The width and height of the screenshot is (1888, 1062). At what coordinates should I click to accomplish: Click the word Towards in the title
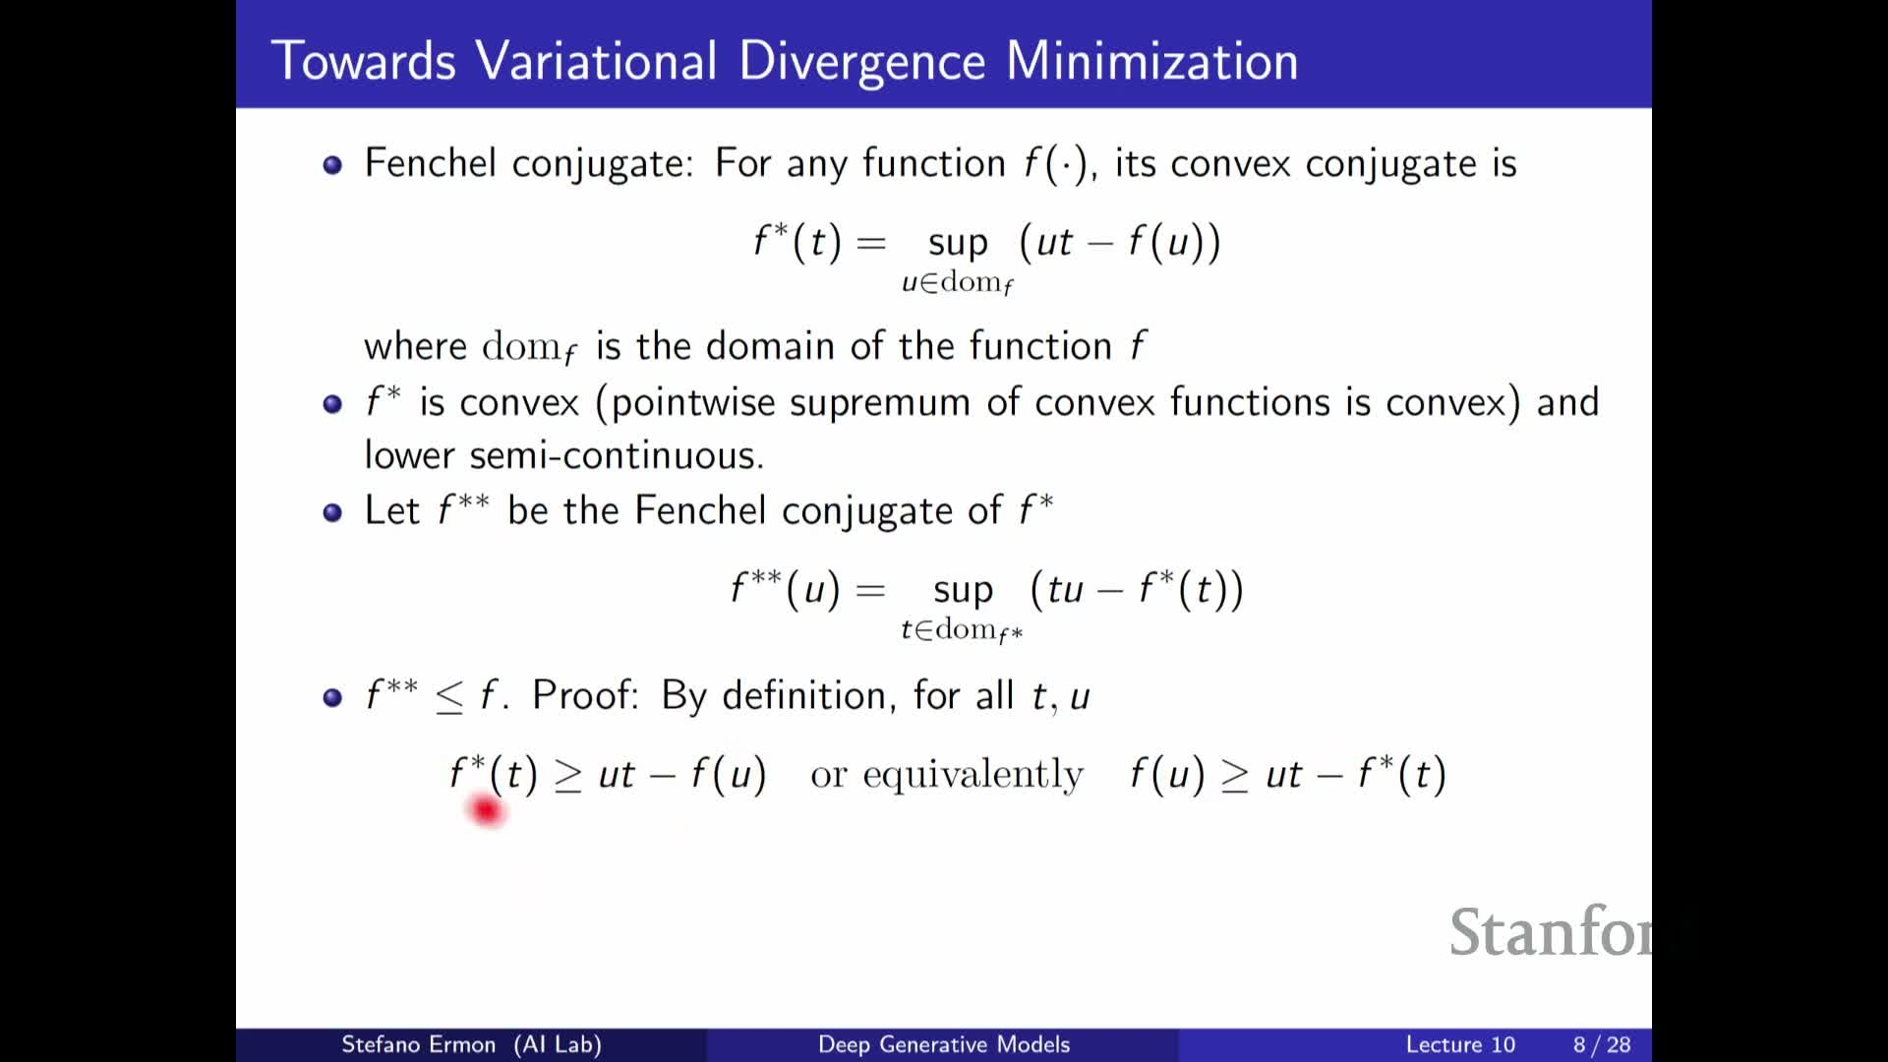pyautogui.click(x=364, y=61)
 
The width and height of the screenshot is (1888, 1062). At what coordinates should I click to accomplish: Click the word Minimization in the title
pyautogui.click(x=1151, y=61)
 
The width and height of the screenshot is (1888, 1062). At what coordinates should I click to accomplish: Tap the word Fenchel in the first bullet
pyautogui.click(x=430, y=162)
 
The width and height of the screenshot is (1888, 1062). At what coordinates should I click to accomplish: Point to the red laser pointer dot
pyautogui.click(x=487, y=810)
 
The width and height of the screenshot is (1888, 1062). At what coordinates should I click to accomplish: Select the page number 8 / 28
pyautogui.click(x=1602, y=1044)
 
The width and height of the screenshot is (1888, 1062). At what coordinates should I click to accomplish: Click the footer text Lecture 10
pyautogui.click(x=1460, y=1044)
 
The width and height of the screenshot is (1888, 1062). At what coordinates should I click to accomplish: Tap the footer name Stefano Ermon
pyautogui.click(x=418, y=1044)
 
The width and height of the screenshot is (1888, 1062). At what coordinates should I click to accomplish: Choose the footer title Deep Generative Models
pyautogui.click(x=944, y=1044)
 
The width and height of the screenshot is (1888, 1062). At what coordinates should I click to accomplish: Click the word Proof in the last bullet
pyautogui.click(x=585, y=695)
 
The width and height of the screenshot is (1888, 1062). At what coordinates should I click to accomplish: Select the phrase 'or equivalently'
pyautogui.click(x=946, y=775)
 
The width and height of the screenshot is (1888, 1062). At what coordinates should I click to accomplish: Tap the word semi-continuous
pyautogui.click(x=617, y=455)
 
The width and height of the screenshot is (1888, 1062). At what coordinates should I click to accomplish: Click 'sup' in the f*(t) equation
pyautogui.click(x=958, y=244)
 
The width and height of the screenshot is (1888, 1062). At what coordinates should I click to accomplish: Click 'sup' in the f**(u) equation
pyautogui.click(x=963, y=591)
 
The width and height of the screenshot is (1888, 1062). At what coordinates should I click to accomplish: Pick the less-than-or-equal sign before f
pyautogui.click(x=449, y=697)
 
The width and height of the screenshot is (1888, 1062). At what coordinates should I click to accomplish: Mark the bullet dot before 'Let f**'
pyautogui.click(x=332, y=512)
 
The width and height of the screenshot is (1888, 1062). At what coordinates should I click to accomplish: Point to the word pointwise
pyautogui.click(x=692, y=403)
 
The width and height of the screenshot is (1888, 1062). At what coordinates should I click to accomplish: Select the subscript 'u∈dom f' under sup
pyautogui.click(x=958, y=283)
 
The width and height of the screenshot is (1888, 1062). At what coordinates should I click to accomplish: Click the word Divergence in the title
pyautogui.click(x=861, y=61)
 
